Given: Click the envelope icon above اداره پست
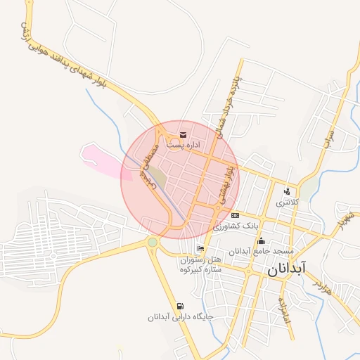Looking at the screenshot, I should tap(183, 134).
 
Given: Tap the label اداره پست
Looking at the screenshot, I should tap(184, 144).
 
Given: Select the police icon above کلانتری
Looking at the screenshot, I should tap(287, 191).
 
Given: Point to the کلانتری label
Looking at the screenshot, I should tap(287, 202).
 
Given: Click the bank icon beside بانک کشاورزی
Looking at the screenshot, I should tap(235, 215).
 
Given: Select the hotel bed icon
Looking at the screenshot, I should tap(201, 249).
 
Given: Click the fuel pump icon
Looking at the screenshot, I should tap(181, 306).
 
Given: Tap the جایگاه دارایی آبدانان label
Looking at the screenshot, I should tap(180, 317).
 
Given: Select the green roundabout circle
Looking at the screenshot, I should tap(153, 243).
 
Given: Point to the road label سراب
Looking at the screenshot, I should tap(329, 134).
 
